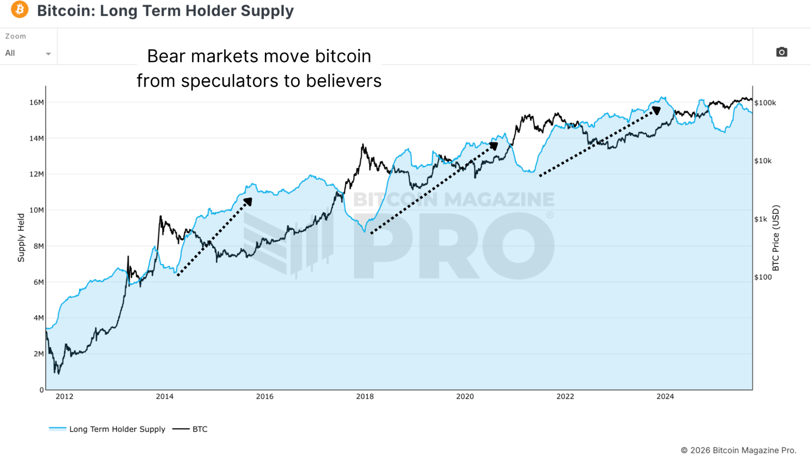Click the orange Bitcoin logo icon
pos(19,10)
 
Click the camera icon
pos(781,52)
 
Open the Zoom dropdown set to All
pos(28,53)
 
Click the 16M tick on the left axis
pos(37,103)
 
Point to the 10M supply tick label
pos(37,210)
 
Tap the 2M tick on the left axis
pos(39,354)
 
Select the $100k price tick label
pos(765,103)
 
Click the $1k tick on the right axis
pos(761,219)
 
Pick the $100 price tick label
pos(763,277)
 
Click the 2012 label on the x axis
pos(65,396)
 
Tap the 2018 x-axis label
pos(365,396)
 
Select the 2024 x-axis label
pos(665,396)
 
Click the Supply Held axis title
pos(21,238)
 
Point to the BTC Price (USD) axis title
pos(776,238)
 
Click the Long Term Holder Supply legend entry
pos(117,429)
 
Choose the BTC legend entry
pos(200,429)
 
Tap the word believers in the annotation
pos(344,81)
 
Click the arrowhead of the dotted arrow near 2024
pos(656,110)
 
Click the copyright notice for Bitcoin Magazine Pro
pos(738,450)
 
